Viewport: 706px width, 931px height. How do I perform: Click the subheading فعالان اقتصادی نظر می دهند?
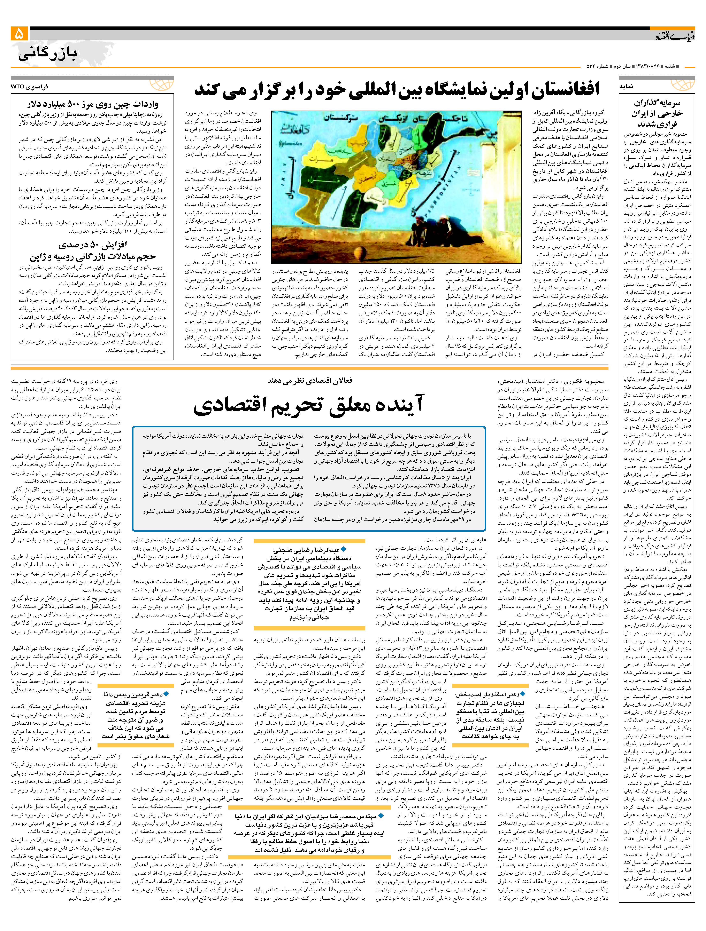tap(310, 381)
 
